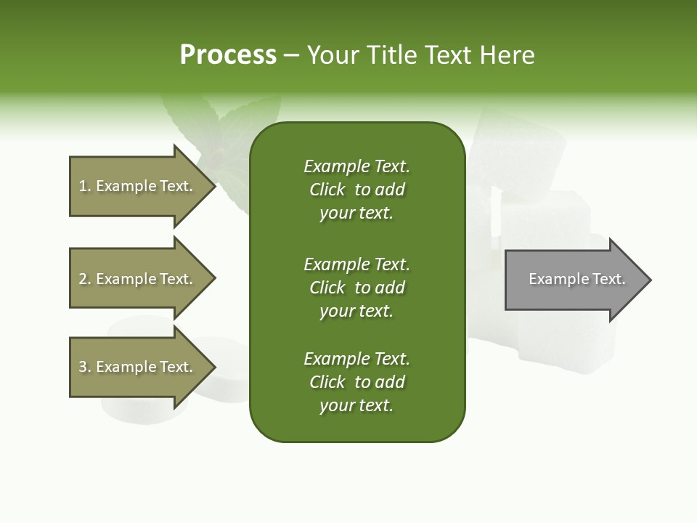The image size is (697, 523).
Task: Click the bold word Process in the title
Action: tap(228, 55)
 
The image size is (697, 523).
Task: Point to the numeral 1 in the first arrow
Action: tap(83, 186)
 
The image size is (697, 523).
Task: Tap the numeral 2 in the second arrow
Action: tap(83, 279)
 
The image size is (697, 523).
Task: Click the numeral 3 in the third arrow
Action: tap(83, 367)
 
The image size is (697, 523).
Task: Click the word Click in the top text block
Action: tap(327, 190)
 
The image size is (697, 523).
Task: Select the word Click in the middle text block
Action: tap(327, 288)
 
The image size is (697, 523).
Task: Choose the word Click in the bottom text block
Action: tap(327, 382)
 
